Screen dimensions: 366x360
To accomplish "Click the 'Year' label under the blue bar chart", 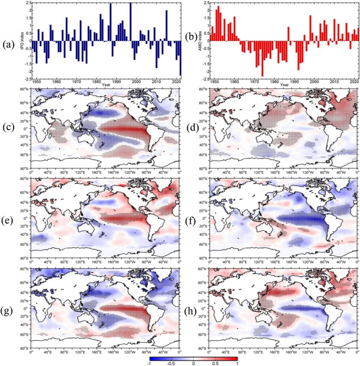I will [107, 85].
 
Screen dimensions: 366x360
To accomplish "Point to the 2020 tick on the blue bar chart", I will [176, 82].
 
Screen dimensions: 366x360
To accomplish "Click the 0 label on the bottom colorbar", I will [193, 363].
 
